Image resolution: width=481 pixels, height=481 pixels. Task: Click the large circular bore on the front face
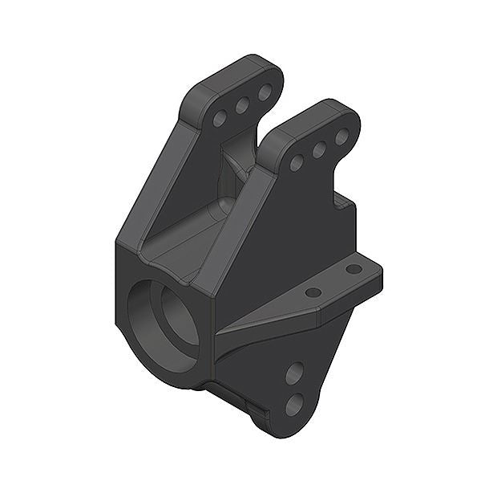[x=164, y=320]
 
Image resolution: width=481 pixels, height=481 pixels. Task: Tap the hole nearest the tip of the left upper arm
[x=265, y=92]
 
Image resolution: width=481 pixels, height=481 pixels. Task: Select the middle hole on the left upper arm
[x=242, y=105]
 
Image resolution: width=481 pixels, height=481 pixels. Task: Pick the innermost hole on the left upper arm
[x=220, y=119]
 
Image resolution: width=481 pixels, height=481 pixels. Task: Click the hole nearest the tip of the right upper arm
[x=342, y=137]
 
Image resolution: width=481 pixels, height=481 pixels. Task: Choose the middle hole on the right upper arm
[x=319, y=149]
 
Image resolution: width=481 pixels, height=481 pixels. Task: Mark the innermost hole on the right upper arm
[x=297, y=162]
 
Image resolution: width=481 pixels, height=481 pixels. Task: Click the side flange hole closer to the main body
[x=313, y=292]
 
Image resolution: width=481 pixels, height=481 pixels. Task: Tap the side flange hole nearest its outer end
[x=354, y=269]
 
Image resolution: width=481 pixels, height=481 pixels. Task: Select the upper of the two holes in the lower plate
[x=295, y=373]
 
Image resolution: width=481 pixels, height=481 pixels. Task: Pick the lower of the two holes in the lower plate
[x=294, y=404]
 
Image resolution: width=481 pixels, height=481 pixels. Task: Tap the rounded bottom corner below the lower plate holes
[x=277, y=430]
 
